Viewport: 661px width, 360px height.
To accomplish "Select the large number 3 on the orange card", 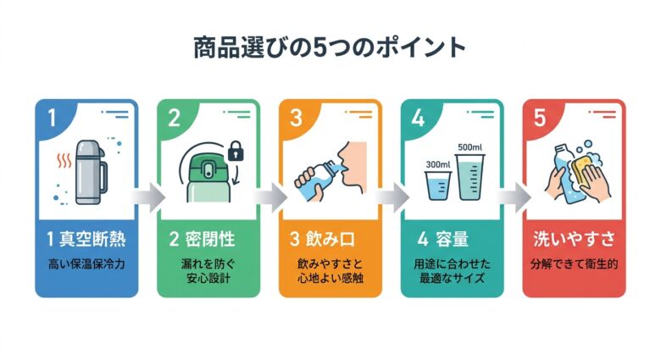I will pyautogui.click(x=296, y=119).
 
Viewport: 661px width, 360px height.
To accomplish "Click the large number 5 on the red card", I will pyautogui.click(x=540, y=119).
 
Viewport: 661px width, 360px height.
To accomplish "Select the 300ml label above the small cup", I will pyautogui.click(x=437, y=163).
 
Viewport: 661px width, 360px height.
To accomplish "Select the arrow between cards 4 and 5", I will pyautogui.click(x=514, y=197).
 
